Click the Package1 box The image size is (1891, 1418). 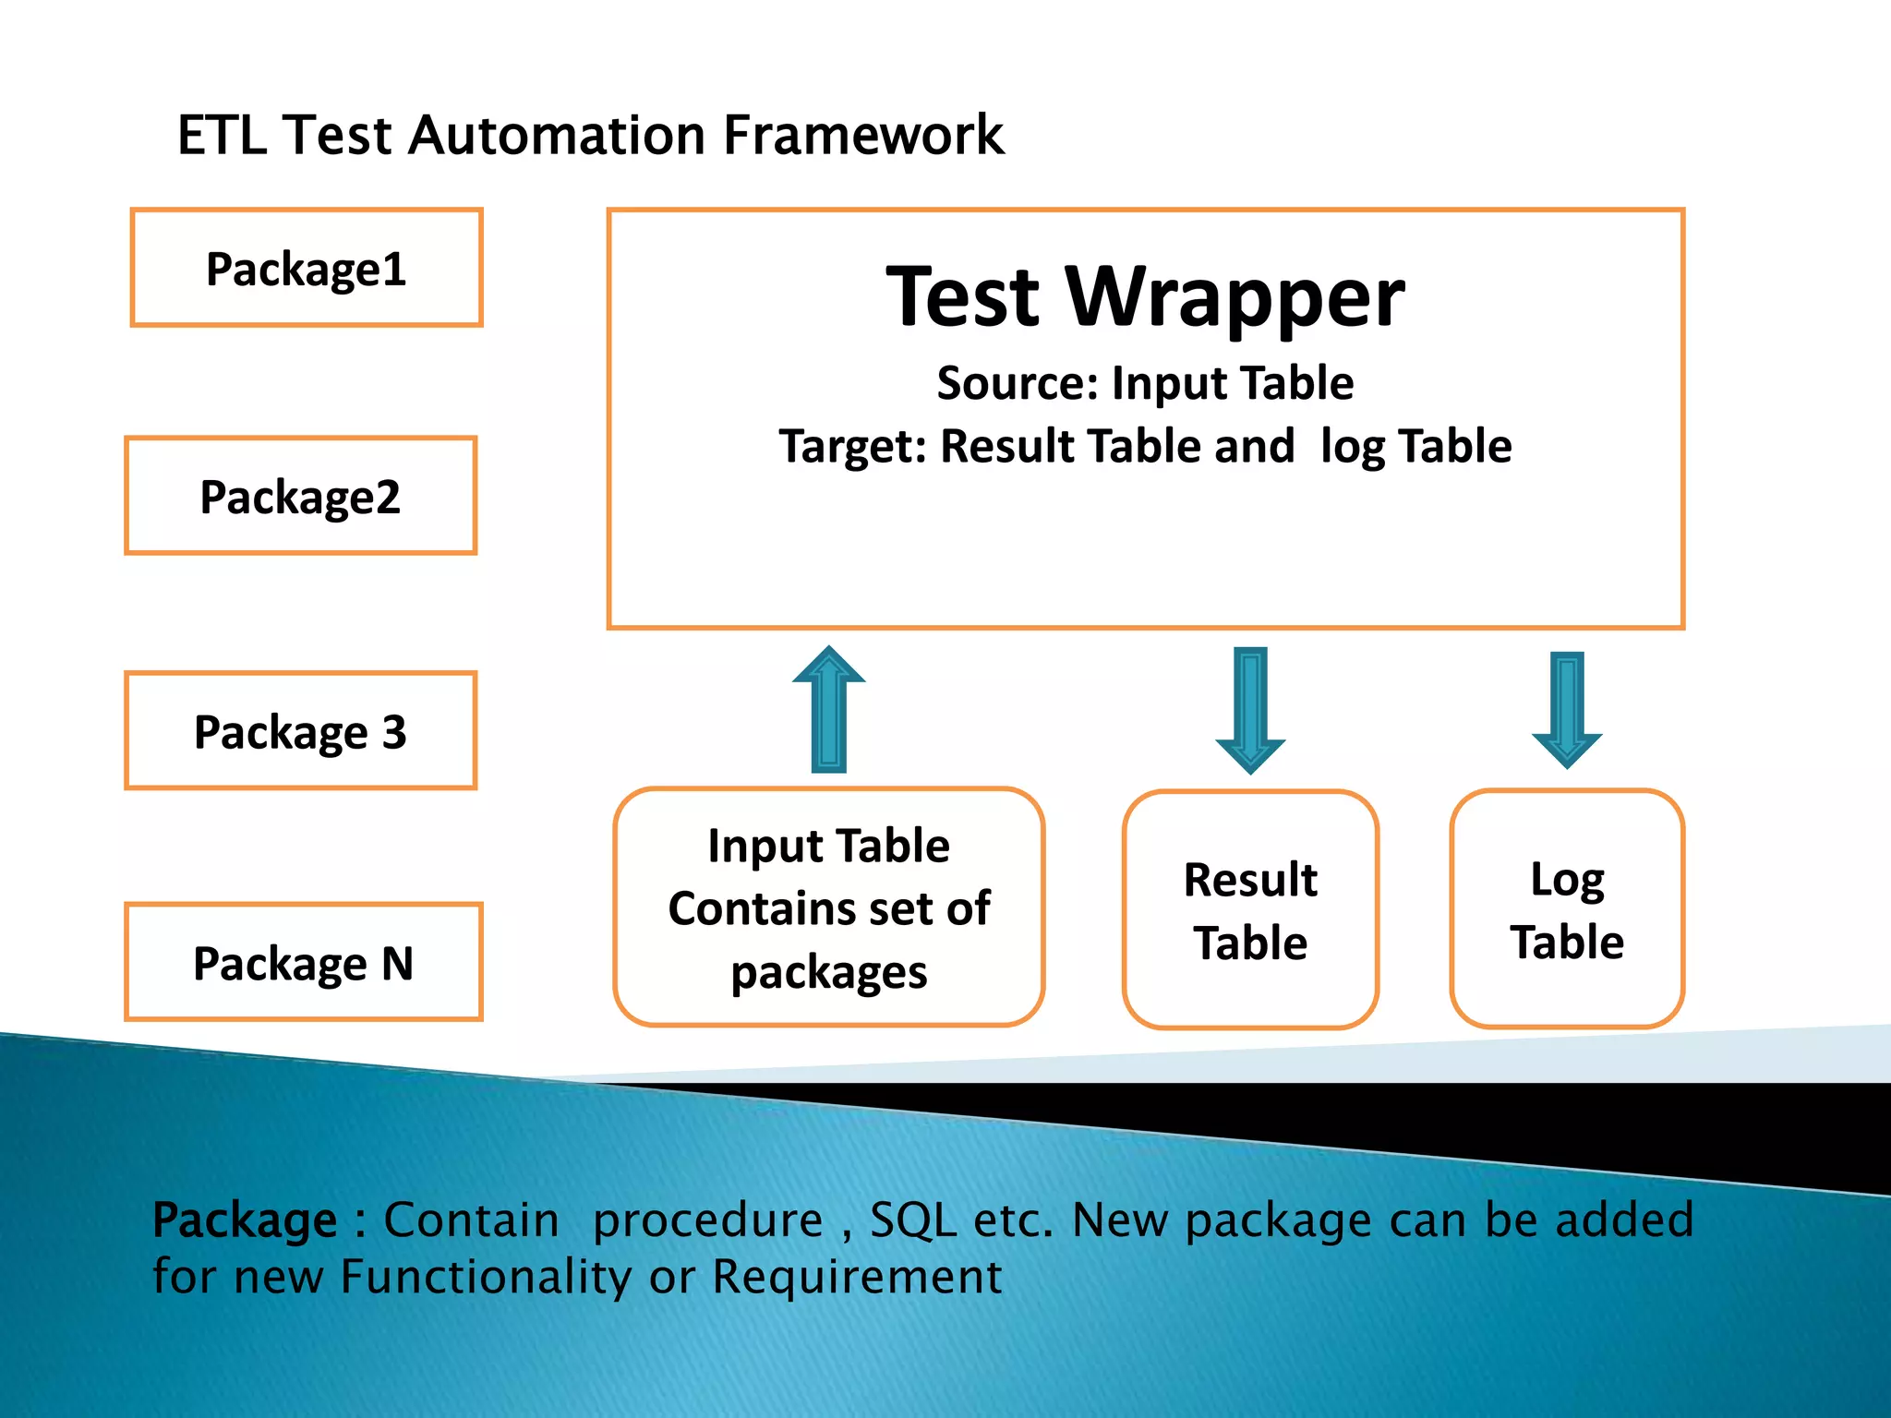[x=306, y=268]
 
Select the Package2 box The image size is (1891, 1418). [x=300, y=496]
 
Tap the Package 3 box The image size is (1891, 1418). [x=300, y=730]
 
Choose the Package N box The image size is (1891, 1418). [x=303, y=962]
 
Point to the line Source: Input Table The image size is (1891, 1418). [x=1145, y=383]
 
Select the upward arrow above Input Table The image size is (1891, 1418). [x=828, y=709]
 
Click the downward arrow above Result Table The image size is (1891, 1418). [x=1250, y=709]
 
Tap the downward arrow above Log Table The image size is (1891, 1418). [x=1567, y=709]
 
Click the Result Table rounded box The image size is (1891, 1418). [x=1250, y=909]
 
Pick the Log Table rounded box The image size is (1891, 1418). [x=1567, y=909]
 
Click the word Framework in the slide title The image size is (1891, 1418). [x=863, y=136]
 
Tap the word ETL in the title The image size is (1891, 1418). [x=221, y=136]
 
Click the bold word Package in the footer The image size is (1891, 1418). [x=245, y=1221]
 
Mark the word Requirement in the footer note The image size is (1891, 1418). [x=857, y=1278]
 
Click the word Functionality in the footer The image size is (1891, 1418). [x=486, y=1278]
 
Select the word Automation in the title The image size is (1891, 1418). [x=556, y=136]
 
